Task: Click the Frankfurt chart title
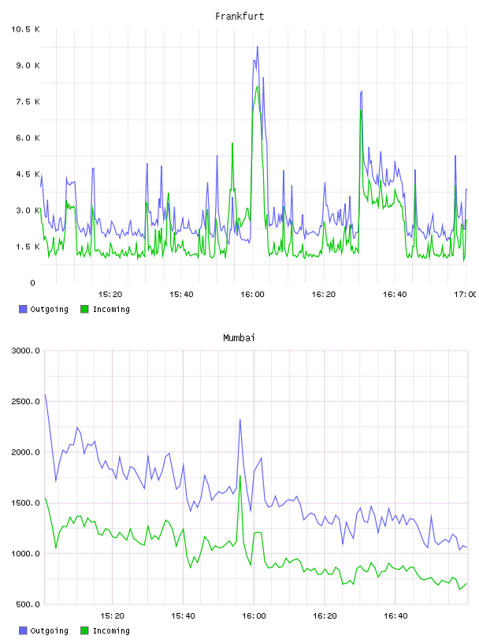[x=239, y=17]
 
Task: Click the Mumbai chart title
[x=239, y=338]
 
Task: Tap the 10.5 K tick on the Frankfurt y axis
[x=25, y=29]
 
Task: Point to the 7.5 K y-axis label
[x=28, y=102]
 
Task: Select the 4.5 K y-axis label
[x=28, y=174]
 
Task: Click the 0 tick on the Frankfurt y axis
[x=32, y=283]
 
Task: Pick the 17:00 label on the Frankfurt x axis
[x=465, y=295]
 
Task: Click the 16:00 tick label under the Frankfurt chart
[x=252, y=295]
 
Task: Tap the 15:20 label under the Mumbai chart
[x=112, y=616]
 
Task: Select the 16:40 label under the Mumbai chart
[x=395, y=616]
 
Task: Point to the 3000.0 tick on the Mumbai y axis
[x=25, y=351]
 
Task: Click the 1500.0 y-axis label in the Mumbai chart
[x=25, y=504]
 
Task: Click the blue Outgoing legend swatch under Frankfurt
[x=23, y=309]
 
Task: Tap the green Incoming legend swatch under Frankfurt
[x=84, y=309]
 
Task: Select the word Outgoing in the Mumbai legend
[x=49, y=630]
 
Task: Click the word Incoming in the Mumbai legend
[x=111, y=630]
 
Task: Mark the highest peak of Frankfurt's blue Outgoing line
[x=258, y=46]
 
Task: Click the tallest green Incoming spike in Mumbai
[x=240, y=476]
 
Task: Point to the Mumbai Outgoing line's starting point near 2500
[x=45, y=395]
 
